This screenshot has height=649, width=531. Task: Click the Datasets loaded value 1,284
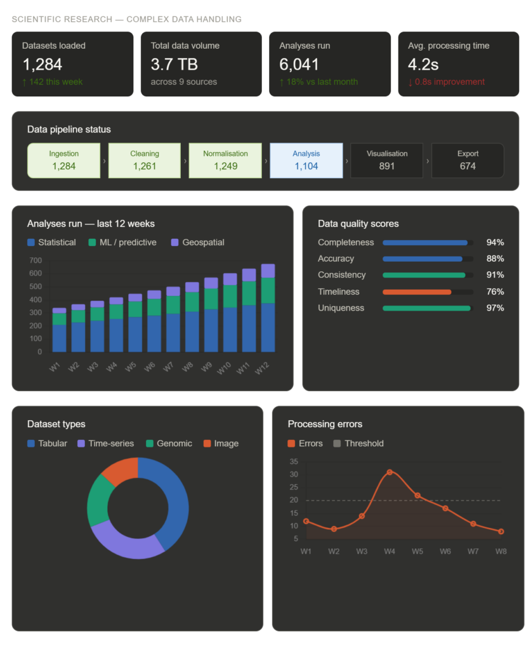point(42,65)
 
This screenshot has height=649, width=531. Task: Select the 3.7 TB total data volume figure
point(175,65)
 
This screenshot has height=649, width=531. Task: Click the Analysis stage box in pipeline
point(306,160)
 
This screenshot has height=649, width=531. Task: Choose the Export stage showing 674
point(468,160)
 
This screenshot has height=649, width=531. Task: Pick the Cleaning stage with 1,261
point(145,160)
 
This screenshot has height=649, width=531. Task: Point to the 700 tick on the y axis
point(35,260)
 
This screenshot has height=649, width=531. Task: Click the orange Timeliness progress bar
point(417,292)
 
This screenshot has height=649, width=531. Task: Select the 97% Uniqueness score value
point(495,308)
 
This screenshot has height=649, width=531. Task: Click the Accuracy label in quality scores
point(336,259)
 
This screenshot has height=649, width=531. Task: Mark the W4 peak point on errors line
point(390,472)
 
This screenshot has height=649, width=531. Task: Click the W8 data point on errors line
point(501,531)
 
